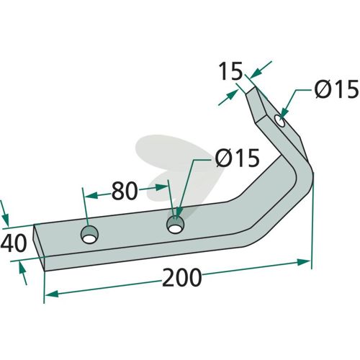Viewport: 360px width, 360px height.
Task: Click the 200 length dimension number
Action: pyautogui.click(x=181, y=277)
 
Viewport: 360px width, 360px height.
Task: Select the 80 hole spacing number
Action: pyautogui.click(x=125, y=191)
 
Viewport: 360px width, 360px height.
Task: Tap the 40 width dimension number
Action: pyautogui.click(x=14, y=243)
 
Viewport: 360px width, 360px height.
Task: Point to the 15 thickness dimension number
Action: pyautogui.click(x=231, y=71)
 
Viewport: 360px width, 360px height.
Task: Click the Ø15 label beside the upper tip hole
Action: pyautogui.click(x=337, y=89)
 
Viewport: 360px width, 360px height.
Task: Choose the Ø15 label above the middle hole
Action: pyautogui.click(x=237, y=158)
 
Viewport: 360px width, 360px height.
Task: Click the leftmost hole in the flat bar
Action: pyautogui.click(x=89, y=235)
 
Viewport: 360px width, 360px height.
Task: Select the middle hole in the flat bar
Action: pyautogui.click(x=175, y=225)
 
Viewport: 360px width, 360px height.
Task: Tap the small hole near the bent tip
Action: pyautogui.click(x=280, y=121)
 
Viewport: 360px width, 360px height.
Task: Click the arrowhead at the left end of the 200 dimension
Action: pyautogui.click(x=51, y=294)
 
